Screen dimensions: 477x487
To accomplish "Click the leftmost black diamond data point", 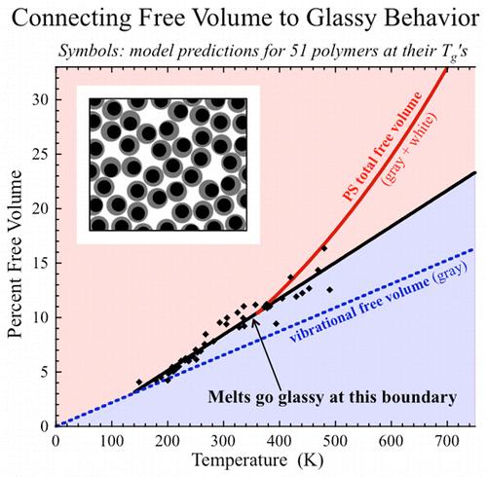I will [139, 383].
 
